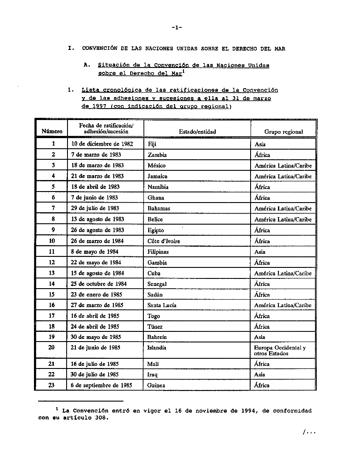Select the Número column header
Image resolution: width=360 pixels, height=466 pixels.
coord(52,132)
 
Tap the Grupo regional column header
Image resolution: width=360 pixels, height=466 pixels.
coord(283,132)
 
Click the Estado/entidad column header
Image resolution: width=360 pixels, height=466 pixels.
coord(197,132)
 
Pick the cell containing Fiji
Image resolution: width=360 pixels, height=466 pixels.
coord(152,144)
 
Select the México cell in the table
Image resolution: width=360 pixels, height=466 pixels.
coord(157,165)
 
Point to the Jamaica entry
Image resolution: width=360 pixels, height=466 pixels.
coord(157,176)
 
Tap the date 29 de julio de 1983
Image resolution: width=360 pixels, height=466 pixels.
coord(95,208)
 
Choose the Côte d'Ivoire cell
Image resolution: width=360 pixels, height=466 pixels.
coord(164,241)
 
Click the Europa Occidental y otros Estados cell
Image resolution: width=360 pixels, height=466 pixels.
coord(280,350)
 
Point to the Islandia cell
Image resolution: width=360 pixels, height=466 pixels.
coord(157,348)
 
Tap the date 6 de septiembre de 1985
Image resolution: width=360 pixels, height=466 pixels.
coord(101,385)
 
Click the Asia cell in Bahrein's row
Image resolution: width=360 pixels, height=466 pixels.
coord(260,337)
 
